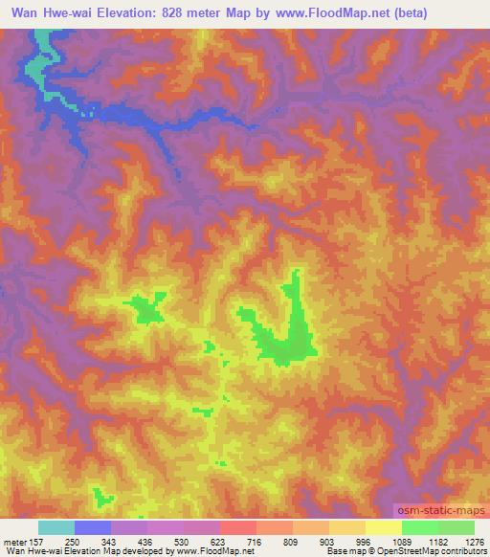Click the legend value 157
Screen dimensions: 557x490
[x=35, y=542]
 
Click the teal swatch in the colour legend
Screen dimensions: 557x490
[x=56, y=527]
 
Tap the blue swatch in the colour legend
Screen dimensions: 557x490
[x=93, y=527]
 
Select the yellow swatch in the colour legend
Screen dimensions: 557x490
[x=383, y=527]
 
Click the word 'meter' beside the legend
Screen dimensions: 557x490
[x=13, y=542]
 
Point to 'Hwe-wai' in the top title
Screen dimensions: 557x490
[x=78, y=13]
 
